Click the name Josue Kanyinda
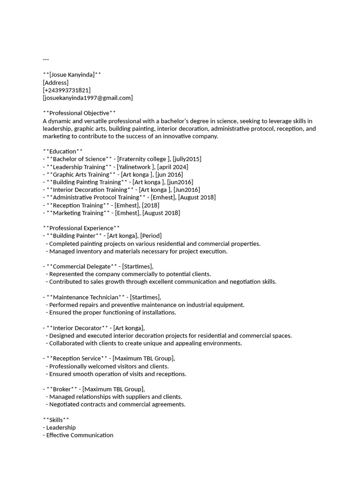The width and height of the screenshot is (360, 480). coord(72,75)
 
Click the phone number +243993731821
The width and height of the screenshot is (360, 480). coord(67,90)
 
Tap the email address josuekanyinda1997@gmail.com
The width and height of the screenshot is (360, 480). coord(88,97)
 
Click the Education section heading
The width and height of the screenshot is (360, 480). coord(62,151)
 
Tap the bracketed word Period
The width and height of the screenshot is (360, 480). coord(151,236)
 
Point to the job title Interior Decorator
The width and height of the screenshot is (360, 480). coord(77,328)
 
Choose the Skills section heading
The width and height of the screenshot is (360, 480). coord(56,420)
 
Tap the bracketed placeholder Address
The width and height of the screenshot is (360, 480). coord(55,82)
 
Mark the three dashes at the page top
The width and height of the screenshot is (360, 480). coord(45,60)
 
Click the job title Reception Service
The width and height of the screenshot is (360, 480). coord(77,359)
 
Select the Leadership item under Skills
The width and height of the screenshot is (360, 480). coord(61,427)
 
